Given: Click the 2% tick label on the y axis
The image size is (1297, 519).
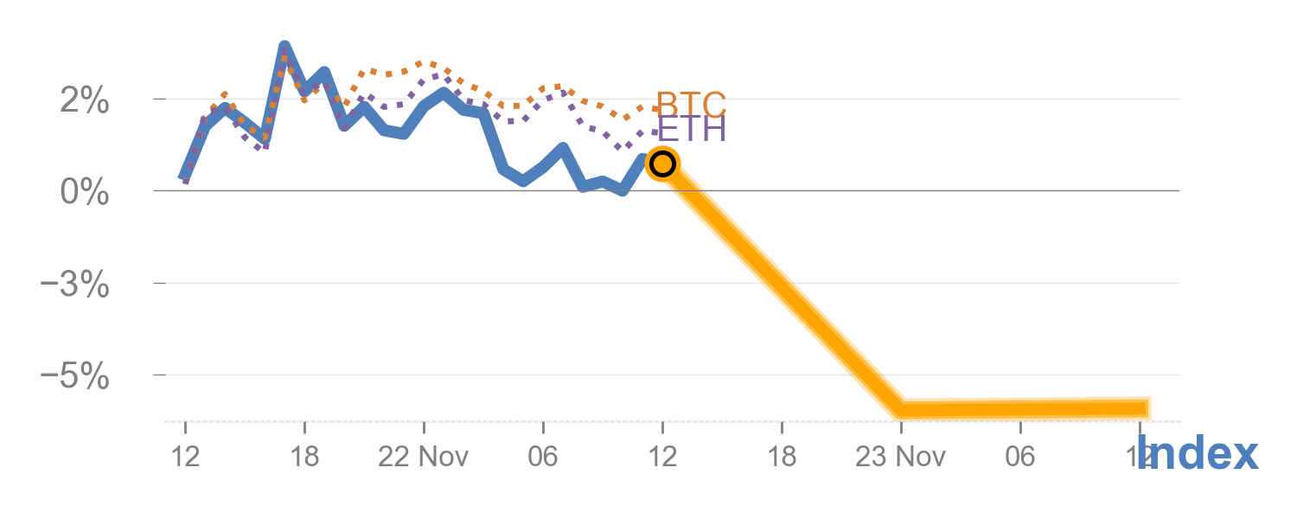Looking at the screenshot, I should [x=84, y=102].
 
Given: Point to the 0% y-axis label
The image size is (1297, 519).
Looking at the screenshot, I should [x=84, y=192].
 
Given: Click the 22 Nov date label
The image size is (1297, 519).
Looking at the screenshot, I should [x=424, y=456].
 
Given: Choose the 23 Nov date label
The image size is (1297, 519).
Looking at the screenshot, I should [x=900, y=456].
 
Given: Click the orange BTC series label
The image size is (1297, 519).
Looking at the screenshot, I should [x=691, y=105].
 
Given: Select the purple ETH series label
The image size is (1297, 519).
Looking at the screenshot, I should [x=691, y=130].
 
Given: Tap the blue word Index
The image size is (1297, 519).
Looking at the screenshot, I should [x=1198, y=453].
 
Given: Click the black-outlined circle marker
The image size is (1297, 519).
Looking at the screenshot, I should [x=662, y=163].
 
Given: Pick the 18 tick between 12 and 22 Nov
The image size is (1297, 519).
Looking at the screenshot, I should [x=304, y=456].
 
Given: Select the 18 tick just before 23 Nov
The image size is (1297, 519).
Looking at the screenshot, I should [x=782, y=456].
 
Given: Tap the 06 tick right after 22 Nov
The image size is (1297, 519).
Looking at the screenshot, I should [x=543, y=456].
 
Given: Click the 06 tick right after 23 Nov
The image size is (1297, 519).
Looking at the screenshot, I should [x=1020, y=456].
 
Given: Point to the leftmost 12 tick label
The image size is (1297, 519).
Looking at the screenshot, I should [x=185, y=456].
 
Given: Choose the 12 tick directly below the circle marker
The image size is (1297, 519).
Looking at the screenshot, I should [x=662, y=456].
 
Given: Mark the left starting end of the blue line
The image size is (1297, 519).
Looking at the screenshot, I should [x=184, y=177].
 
